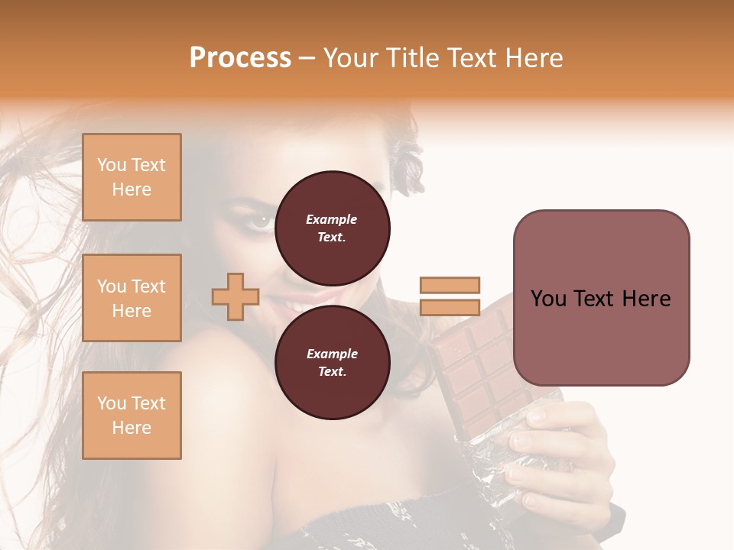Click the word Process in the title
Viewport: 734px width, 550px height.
point(240,58)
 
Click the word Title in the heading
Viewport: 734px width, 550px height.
point(411,58)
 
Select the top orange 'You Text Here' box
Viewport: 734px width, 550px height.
point(132,177)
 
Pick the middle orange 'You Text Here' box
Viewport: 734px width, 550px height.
point(132,298)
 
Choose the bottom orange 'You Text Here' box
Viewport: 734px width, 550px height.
point(132,416)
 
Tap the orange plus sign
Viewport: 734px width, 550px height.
point(235,297)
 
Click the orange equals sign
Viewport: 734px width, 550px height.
point(450,296)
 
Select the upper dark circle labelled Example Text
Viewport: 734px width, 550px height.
point(333,228)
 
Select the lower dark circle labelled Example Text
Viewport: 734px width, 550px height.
point(333,362)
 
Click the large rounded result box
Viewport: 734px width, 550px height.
point(601,298)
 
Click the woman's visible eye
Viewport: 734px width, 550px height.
point(261,221)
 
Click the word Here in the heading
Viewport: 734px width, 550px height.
point(532,58)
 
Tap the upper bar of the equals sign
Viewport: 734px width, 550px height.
point(450,286)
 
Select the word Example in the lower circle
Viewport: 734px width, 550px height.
point(332,354)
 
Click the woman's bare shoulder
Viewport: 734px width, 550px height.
point(222,397)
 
